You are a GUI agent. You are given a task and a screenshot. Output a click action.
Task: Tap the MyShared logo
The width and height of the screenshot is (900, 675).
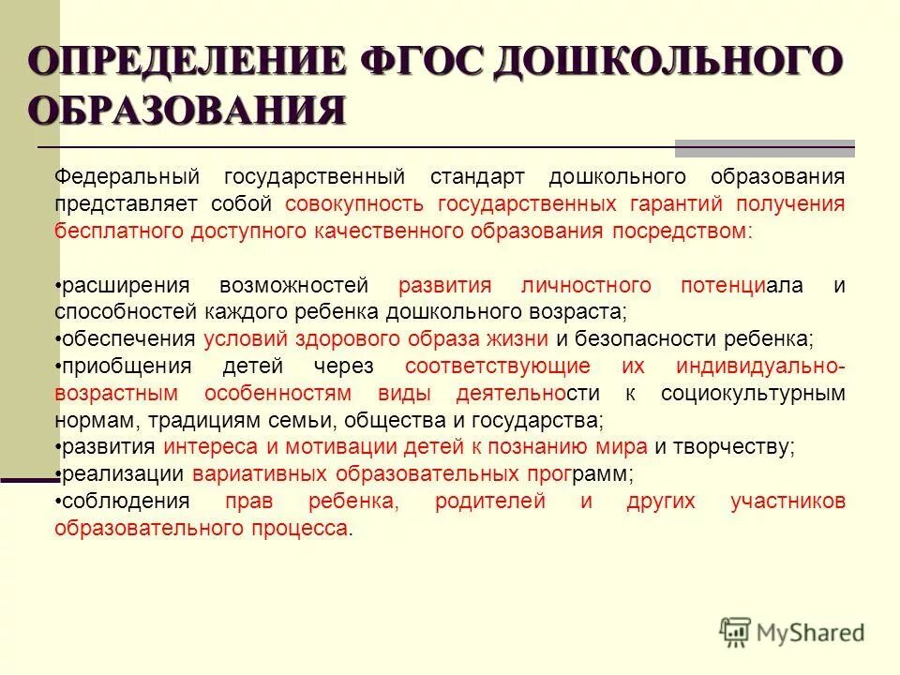792,633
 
